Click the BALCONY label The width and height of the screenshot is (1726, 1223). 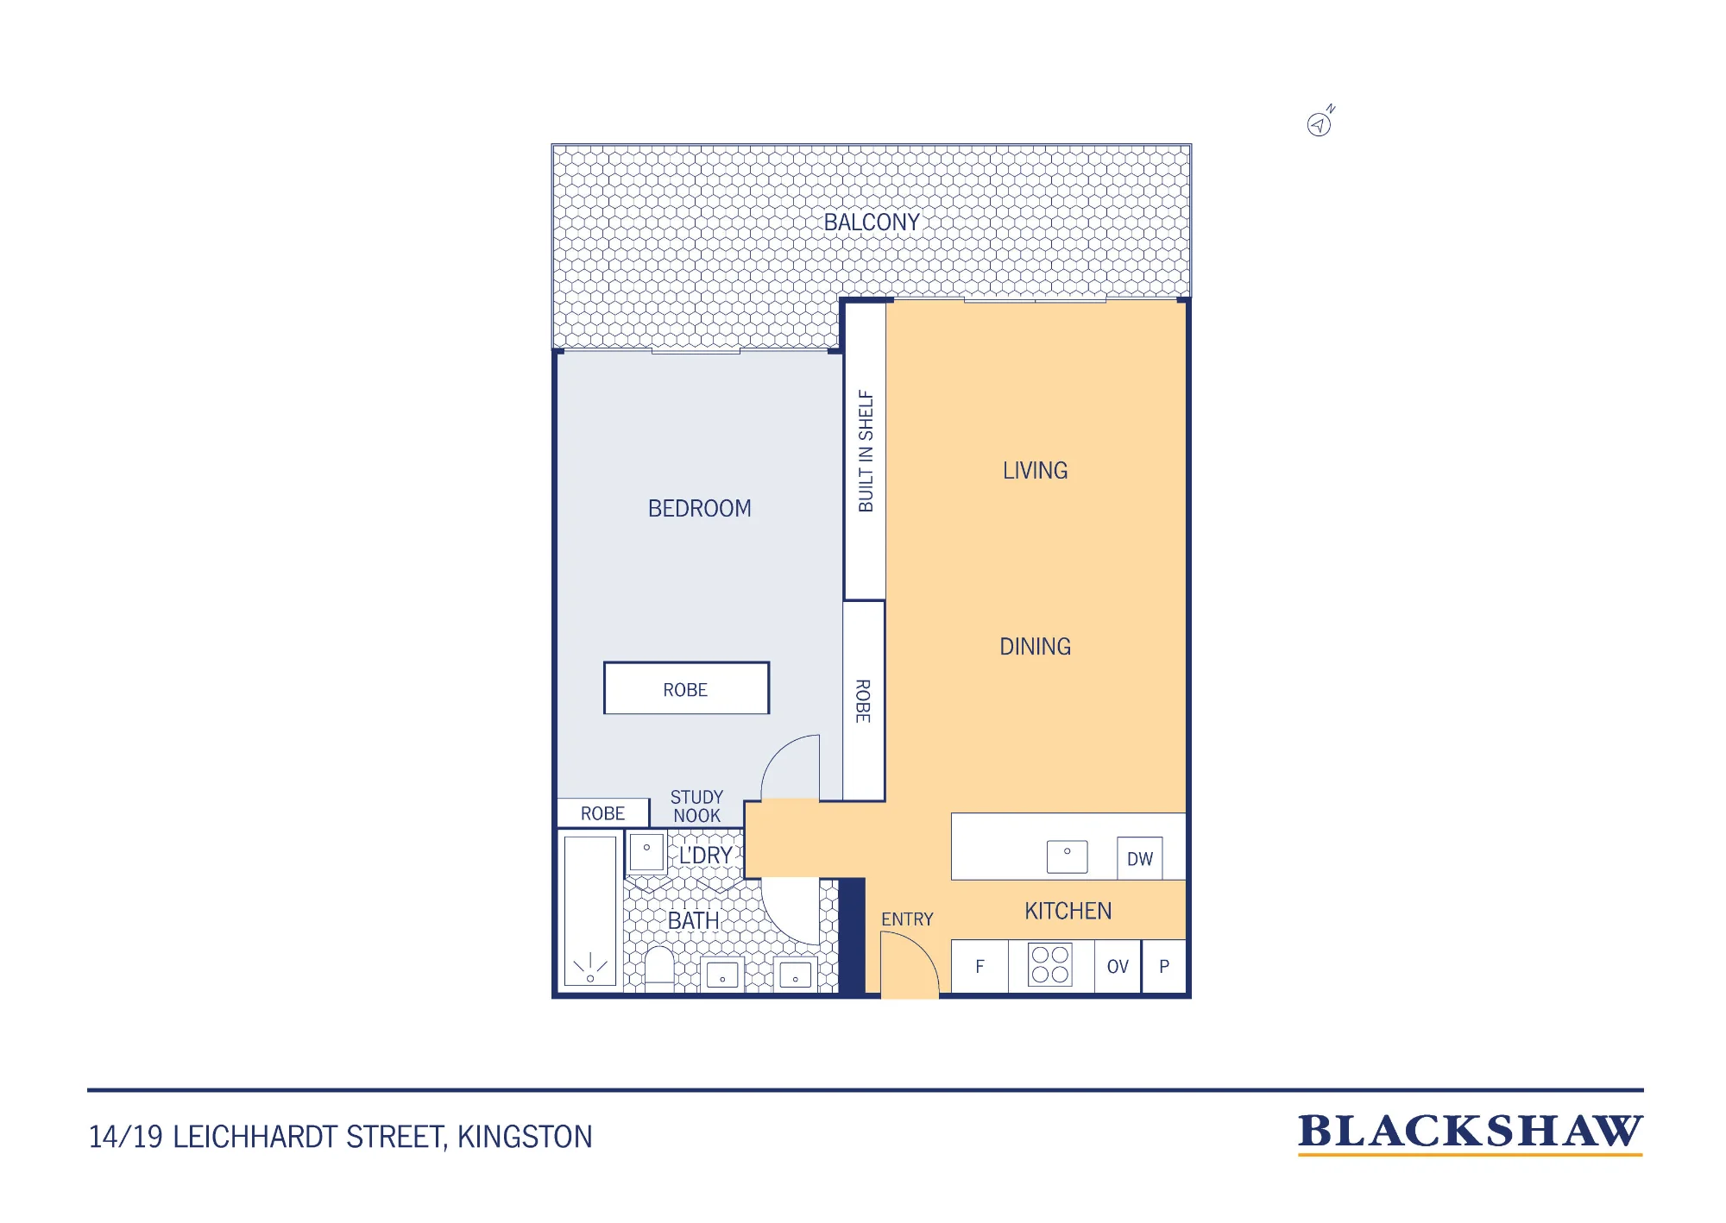pyautogui.click(x=872, y=223)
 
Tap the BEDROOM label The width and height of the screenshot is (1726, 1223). pyautogui.click(x=700, y=509)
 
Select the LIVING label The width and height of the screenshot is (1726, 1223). pyautogui.click(x=1036, y=471)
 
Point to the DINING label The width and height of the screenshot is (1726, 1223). pyautogui.click(x=1036, y=647)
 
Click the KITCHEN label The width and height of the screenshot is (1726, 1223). pyautogui.click(x=1068, y=912)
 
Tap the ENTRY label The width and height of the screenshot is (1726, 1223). pyautogui.click(x=907, y=919)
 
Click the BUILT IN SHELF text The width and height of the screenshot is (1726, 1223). pyautogui.click(x=866, y=451)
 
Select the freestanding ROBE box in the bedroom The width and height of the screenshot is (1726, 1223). pyautogui.click(x=686, y=688)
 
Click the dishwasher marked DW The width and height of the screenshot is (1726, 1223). pyautogui.click(x=1140, y=858)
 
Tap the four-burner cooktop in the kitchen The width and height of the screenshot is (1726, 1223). pyautogui.click(x=1050, y=965)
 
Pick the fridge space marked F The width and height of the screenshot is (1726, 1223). pyautogui.click(x=980, y=967)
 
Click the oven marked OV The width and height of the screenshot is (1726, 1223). pyautogui.click(x=1118, y=967)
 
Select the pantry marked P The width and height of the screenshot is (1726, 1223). pyautogui.click(x=1164, y=967)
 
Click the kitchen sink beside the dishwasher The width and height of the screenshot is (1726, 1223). pyautogui.click(x=1068, y=856)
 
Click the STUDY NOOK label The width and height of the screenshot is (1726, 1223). pyautogui.click(x=697, y=806)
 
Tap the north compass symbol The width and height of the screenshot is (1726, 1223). pyautogui.click(x=1320, y=122)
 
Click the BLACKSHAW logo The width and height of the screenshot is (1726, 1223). pyautogui.click(x=1471, y=1133)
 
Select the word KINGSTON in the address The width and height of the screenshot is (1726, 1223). pyautogui.click(x=525, y=1137)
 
